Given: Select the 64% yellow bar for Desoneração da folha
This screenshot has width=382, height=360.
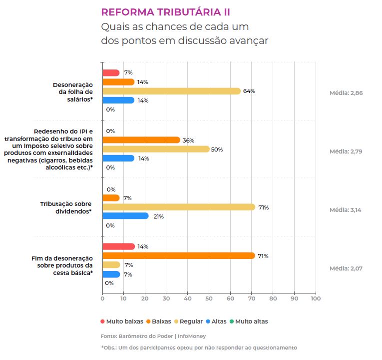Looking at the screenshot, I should pos(171,91).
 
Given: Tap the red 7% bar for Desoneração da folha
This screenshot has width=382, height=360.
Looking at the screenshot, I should pos(111,72).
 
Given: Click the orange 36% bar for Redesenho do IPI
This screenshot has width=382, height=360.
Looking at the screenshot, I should pos(141,140).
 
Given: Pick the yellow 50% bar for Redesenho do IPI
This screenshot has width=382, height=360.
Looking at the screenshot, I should pos(156,149).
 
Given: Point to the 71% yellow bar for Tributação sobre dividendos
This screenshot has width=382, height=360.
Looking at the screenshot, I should pos(178,207).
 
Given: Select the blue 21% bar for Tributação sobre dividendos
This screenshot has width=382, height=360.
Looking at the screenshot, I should pos(125,216).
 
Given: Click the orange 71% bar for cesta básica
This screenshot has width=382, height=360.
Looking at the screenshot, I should pos(178,255).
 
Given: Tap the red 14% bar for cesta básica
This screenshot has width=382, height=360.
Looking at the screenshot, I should pos(118,246).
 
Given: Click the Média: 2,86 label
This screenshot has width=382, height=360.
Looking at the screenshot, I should pos(346,93).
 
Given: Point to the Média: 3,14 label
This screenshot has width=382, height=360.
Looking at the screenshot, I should pos(345,210).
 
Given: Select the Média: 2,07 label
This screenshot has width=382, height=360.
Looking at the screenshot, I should pos(346,268).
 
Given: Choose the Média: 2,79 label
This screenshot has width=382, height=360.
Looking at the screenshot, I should pos(345,151).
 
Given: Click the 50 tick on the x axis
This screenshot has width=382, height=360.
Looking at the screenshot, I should pos(209,299).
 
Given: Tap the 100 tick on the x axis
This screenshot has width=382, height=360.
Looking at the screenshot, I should pos(315,299).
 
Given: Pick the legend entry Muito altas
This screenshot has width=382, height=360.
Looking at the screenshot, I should pos(251,321).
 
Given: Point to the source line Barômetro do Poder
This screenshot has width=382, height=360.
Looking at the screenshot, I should pos(153,336).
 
